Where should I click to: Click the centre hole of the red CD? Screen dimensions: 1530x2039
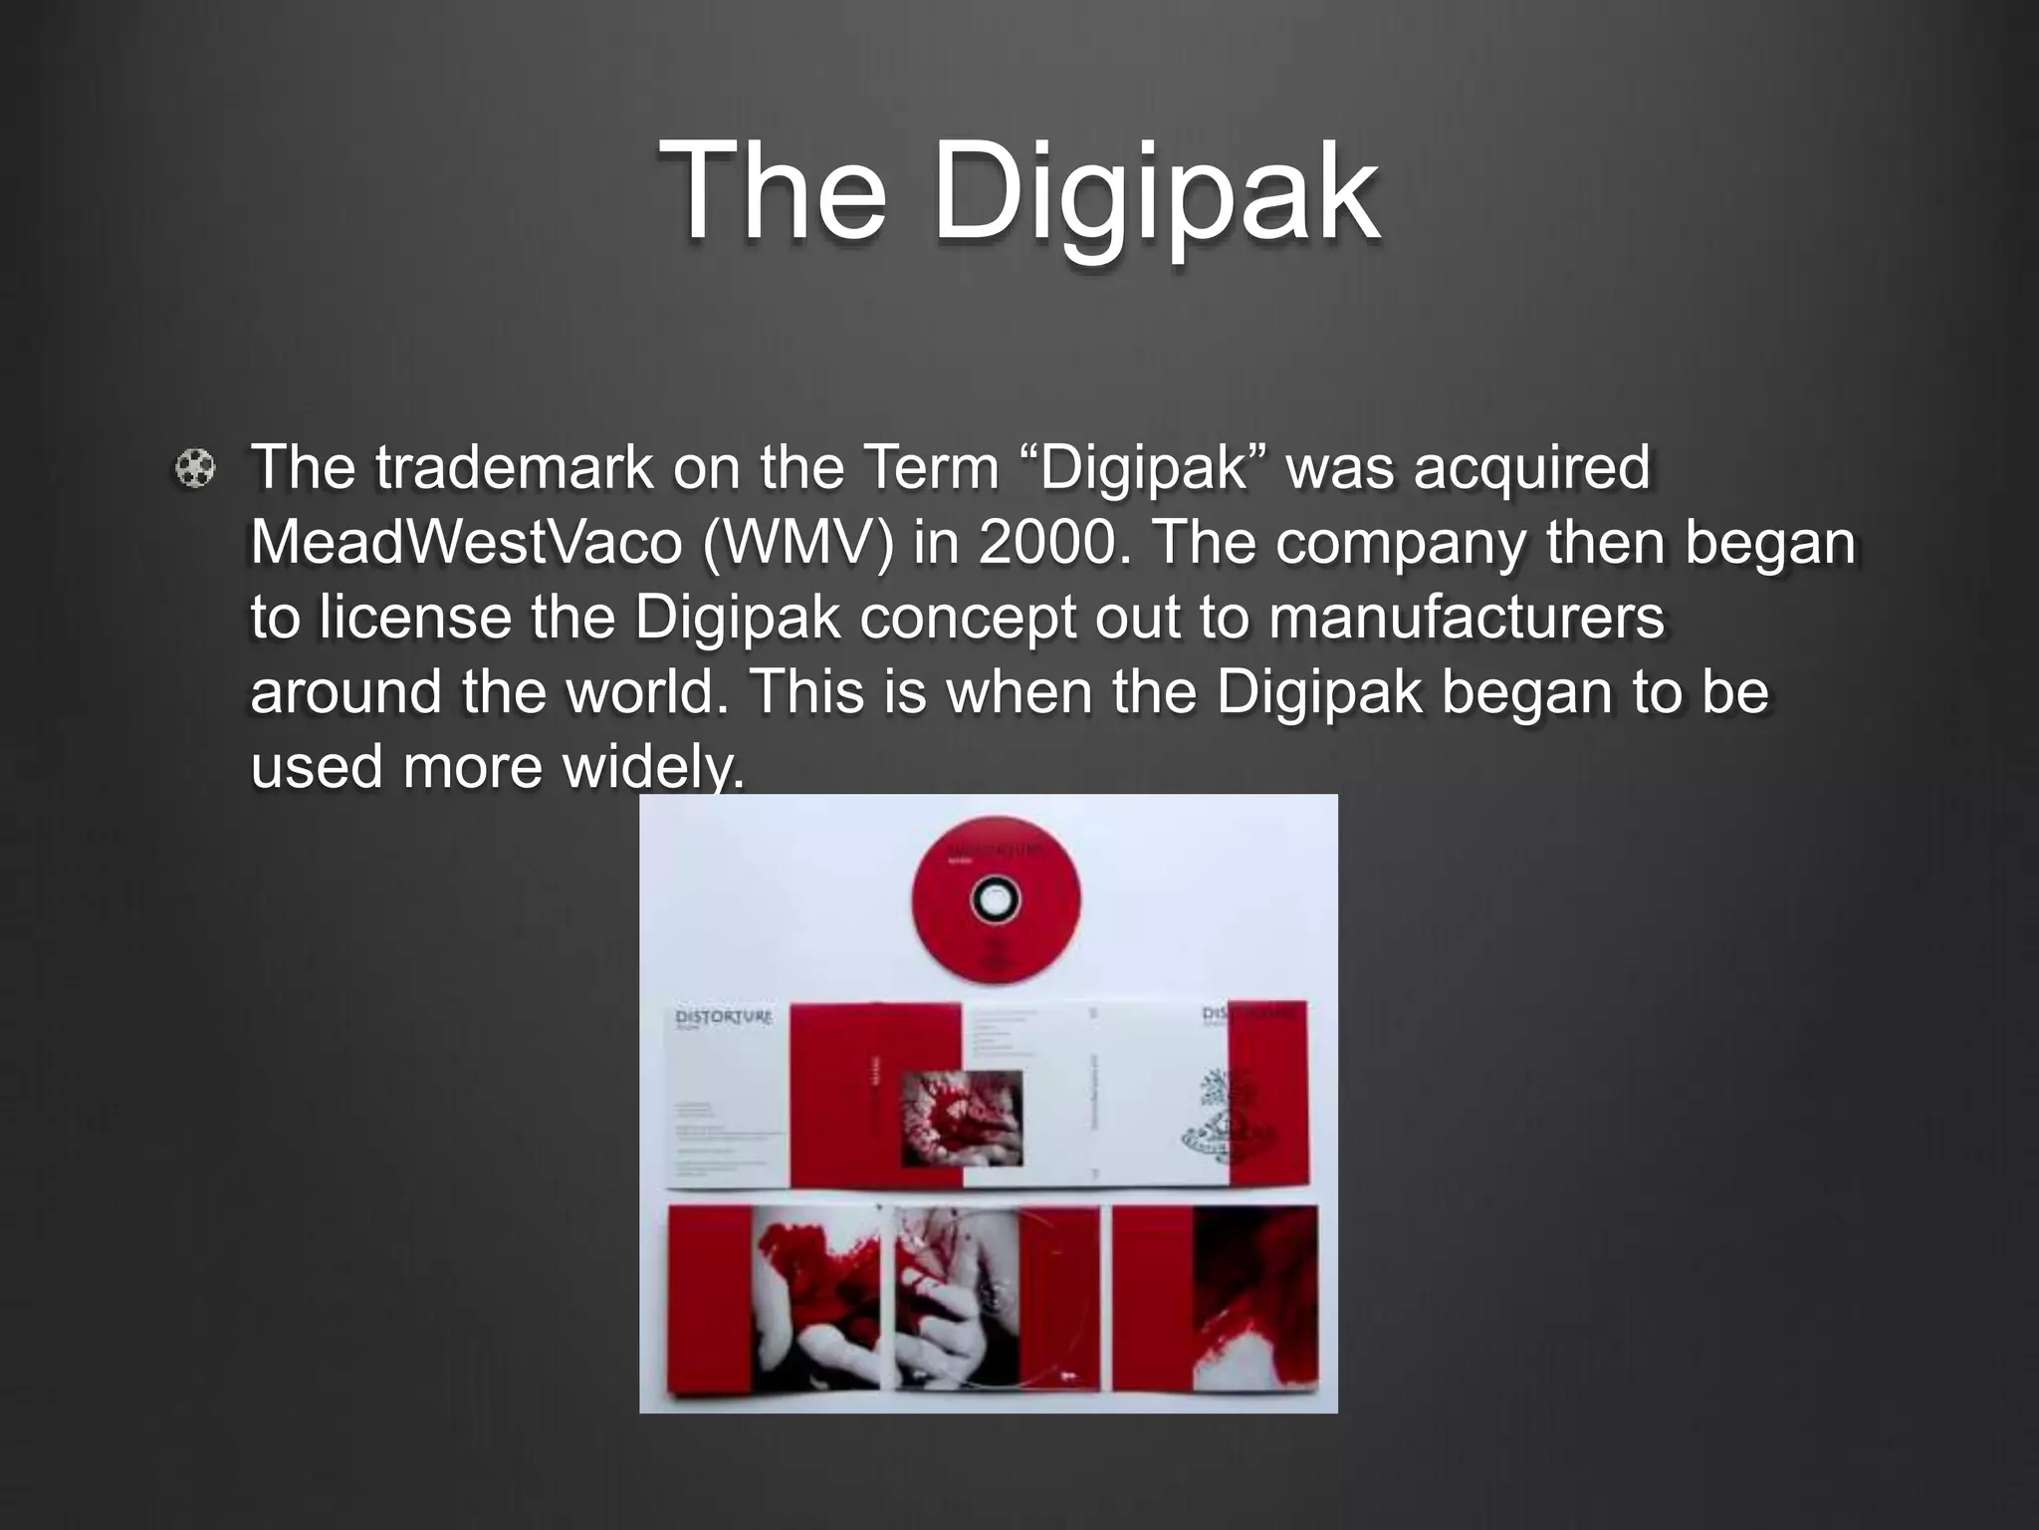tap(996, 899)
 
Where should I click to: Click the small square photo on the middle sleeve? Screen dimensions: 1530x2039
tap(962, 1118)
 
